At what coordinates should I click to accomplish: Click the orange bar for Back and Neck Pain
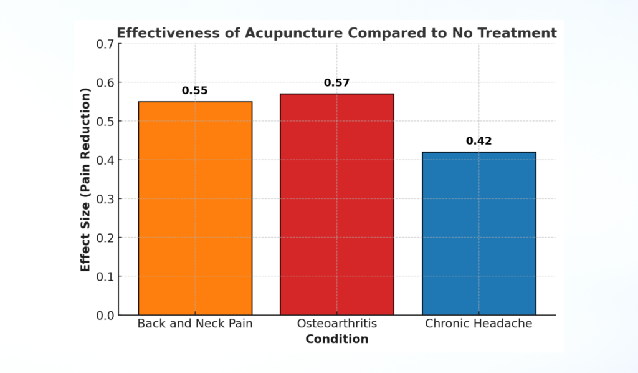coord(195,208)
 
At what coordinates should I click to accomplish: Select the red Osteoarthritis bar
coord(337,204)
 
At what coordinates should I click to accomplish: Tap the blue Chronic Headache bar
coord(478,233)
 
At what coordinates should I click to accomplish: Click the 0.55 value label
coord(195,90)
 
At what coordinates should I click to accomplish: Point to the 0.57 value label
coord(337,83)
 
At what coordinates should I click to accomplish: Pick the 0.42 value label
coord(478,141)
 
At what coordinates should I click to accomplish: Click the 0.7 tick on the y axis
coord(105,44)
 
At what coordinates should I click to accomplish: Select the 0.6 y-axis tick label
coord(105,83)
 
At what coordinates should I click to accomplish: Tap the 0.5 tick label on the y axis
coord(105,122)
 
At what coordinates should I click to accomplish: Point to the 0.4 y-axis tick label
coord(105,160)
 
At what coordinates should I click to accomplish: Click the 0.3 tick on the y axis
coord(105,199)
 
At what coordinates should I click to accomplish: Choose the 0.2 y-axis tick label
coord(105,238)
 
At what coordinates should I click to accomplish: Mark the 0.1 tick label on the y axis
coord(105,276)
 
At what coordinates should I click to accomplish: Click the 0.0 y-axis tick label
coord(105,316)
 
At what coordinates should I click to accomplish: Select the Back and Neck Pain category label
coord(195,324)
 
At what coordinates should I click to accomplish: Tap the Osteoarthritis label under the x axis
coord(337,324)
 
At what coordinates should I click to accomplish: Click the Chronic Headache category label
coord(478,324)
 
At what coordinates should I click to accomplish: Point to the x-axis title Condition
coord(337,339)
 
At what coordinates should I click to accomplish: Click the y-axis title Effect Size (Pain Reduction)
coord(86,180)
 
